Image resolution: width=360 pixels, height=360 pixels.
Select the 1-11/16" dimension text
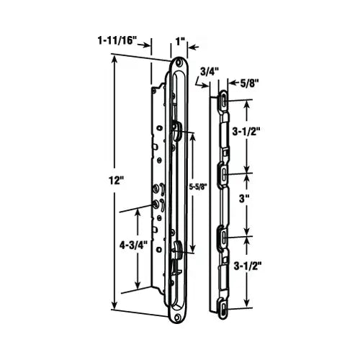tap(117, 40)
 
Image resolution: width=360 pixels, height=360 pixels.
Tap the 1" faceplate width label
tap(179, 42)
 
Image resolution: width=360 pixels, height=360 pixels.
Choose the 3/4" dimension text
tap(209, 72)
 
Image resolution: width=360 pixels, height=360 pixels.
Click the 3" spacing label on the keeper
tap(244, 199)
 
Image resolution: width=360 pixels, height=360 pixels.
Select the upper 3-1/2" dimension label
tap(246, 131)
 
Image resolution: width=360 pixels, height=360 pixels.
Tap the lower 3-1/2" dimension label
tap(247, 266)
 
